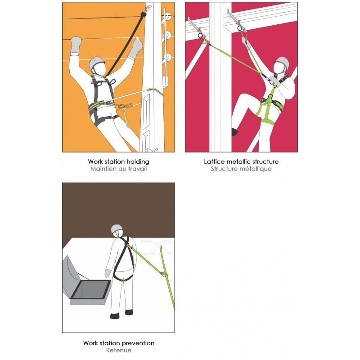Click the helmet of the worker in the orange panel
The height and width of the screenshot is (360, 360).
click(x=96, y=63)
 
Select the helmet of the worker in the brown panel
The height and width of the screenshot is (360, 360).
click(x=117, y=229)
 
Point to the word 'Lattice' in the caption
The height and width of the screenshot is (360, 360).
click(x=213, y=162)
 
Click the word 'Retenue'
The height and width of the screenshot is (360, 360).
click(x=119, y=351)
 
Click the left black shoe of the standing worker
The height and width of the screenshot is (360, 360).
click(x=115, y=316)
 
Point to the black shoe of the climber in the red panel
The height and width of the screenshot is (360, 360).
click(x=234, y=132)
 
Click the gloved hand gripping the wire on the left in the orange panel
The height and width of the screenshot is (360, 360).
click(x=76, y=45)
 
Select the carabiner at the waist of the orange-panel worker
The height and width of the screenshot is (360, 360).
click(x=121, y=106)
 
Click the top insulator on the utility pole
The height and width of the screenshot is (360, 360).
click(x=167, y=17)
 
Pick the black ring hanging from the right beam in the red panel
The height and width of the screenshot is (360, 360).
click(x=240, y=28)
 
